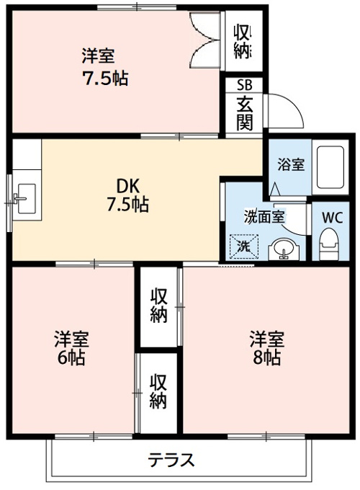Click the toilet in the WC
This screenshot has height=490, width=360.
coord(328,244)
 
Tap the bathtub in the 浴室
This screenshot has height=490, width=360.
coord(330,167)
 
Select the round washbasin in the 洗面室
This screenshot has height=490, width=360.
coord(284,249)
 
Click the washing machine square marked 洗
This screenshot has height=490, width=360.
coord(244,246)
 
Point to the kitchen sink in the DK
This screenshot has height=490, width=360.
coord(26,199)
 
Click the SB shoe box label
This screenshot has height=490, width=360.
coord(245,85)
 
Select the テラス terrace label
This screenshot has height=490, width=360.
coord(171,460)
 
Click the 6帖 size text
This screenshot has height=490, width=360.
coord(71,357)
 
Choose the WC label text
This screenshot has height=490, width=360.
coord(332,218)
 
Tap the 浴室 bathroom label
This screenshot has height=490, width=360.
coord(291,165)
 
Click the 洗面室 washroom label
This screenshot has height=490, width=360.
coord(264,217)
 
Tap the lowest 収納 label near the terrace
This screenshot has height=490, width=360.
coord(158,391)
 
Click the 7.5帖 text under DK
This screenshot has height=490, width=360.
coord(127,205)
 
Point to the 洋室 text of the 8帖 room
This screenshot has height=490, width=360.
coord(266,339)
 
